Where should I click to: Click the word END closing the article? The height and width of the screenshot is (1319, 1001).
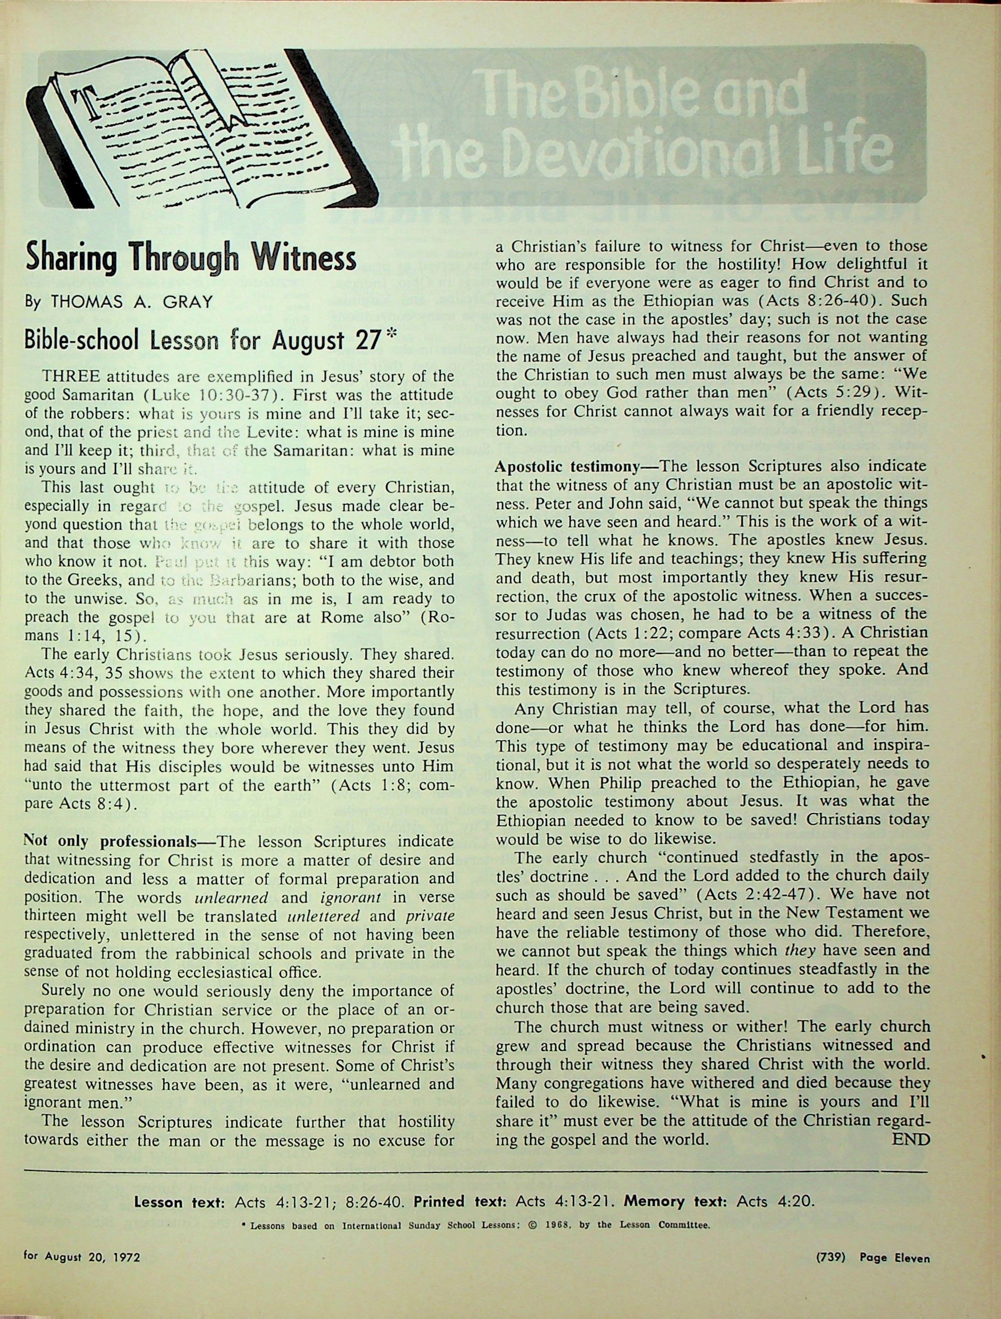910,1140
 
